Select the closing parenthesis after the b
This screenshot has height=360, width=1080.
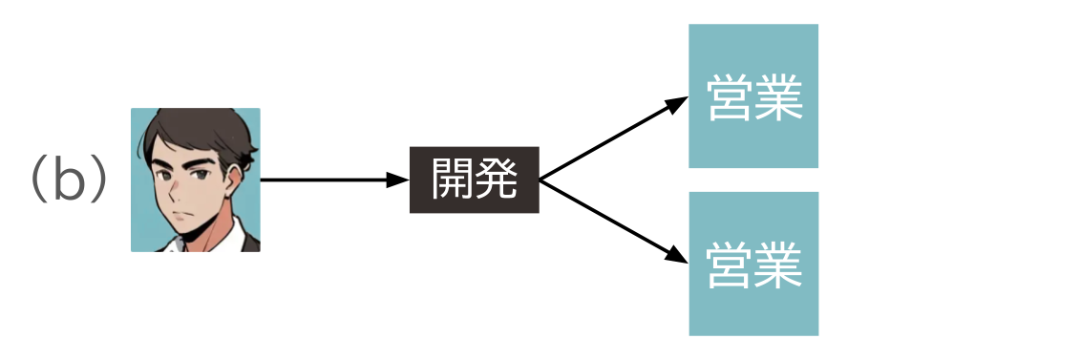99,180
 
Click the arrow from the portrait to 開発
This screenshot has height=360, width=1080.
325,180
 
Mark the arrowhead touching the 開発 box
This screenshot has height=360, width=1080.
399,180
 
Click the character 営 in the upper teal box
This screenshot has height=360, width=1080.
730,97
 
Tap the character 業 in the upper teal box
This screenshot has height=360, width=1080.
777,97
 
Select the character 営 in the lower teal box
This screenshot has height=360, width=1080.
730,265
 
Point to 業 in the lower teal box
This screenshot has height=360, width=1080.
777,265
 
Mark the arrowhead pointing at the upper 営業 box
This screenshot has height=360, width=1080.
678,102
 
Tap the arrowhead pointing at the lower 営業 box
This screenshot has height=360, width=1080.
678,256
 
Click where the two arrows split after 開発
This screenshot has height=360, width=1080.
541,180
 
